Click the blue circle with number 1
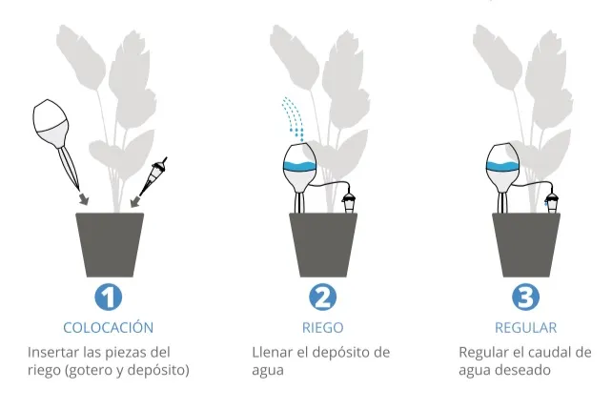pyautogui.click(x=109, y=297)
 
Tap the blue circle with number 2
pyautogui.click(x=322, y=297)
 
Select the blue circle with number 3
pyautogui.click(x=525, y=297)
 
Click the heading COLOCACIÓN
pyautogui.click(x=109, y=328)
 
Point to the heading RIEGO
pyautogui.click(x=322, y=328)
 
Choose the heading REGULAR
pyautogui.click(x=525, y=328)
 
